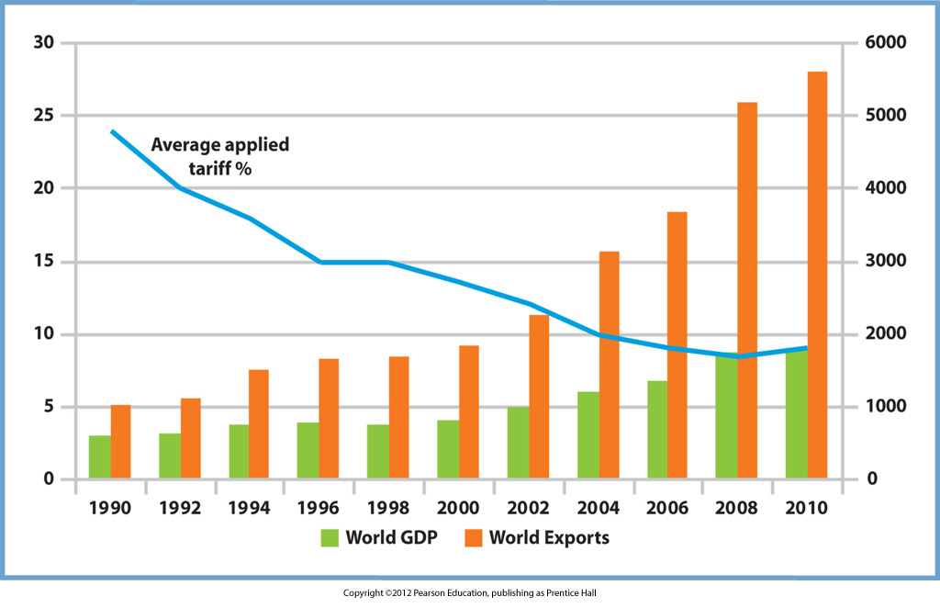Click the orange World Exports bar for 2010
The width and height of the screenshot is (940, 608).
[817, 276]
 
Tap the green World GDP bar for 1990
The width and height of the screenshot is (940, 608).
[99, 457]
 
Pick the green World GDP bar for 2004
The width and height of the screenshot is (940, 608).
[588, 435]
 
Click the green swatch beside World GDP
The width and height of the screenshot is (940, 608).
[330, 538]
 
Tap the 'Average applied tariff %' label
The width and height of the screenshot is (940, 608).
[219, 156]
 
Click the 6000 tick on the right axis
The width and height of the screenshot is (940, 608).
[880, 43]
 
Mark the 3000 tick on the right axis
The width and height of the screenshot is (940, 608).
[880, 262]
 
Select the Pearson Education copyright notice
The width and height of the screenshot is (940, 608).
[469, 593]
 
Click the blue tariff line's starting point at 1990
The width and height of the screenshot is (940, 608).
[111, 131]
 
